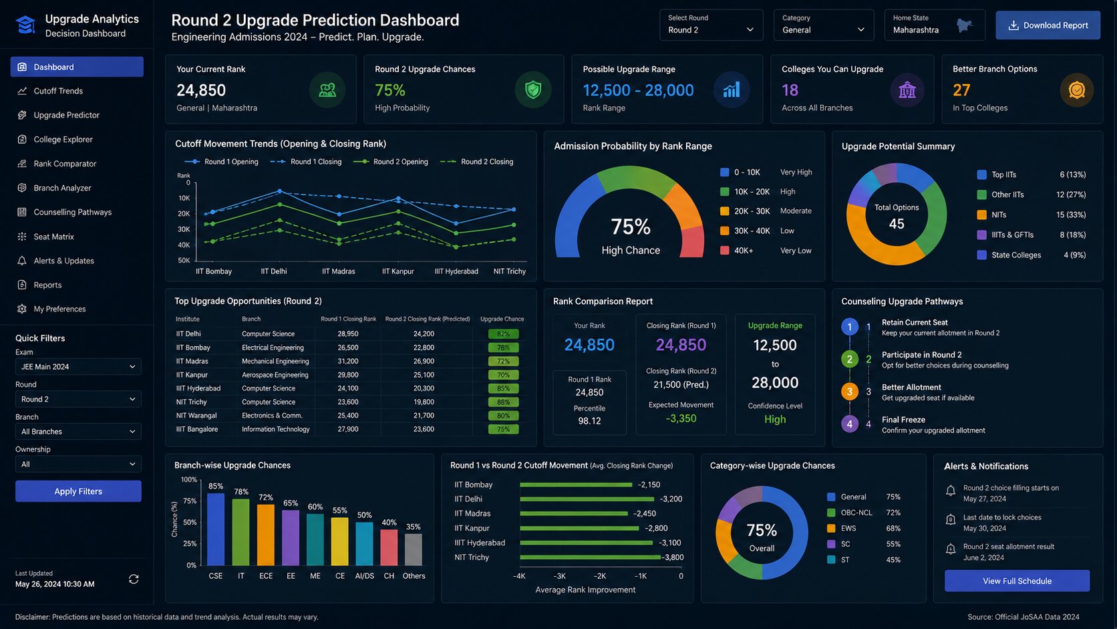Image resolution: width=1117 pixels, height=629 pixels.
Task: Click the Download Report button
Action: coord(1048,25)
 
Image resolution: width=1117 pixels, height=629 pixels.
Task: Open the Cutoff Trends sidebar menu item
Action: coord(58,91)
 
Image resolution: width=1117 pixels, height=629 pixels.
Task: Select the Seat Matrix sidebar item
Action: coord(53,237)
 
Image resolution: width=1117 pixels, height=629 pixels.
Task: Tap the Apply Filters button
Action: coord(78,491)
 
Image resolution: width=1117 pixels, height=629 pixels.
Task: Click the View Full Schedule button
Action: coord(1017,581)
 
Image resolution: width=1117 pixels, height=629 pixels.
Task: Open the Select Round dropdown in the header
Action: coord(711,25)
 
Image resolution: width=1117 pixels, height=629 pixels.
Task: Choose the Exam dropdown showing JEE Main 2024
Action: coord(78,366)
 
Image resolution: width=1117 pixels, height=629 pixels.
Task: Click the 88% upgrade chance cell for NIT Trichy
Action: coord(503,402)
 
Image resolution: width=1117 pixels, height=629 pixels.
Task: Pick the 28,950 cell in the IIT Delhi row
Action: coord(347,334)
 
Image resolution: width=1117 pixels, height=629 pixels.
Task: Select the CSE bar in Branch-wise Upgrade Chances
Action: coord(215,529)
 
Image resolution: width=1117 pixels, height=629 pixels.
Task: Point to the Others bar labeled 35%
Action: coord(414,549)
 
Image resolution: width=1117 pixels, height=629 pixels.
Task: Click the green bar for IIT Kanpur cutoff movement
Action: coord(579,528)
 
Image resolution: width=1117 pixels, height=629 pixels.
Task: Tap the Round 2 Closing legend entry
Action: coord(477,162)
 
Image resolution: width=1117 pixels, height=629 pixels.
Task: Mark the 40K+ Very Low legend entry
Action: coord(766,251)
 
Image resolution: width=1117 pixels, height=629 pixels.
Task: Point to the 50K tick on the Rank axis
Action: coord(184,261)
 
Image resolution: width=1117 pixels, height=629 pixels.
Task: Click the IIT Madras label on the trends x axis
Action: coord(338,271)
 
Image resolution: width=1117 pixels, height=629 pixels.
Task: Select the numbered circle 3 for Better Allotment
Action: coord(849,392)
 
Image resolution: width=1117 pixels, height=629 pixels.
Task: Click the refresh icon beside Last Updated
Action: coord(134,579)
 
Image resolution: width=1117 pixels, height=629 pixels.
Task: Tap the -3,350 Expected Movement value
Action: coord(681,418)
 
